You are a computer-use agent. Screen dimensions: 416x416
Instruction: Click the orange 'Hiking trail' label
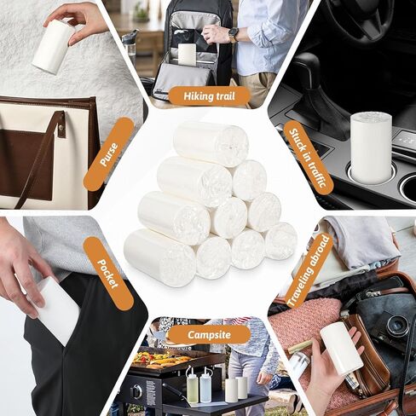pos(209,95)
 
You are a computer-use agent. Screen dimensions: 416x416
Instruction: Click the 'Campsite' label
pos(209,334)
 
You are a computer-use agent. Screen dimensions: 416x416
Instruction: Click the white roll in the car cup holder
pos(370,147)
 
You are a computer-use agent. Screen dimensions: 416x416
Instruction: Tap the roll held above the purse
pos(54,46)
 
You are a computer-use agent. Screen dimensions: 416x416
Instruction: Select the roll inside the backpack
pos(187,54)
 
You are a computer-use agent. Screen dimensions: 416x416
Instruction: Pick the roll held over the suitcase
pos(341,348)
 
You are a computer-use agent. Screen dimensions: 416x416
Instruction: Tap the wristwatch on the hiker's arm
pos(234,35)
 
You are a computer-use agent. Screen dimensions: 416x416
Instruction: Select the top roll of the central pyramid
pos(211,142)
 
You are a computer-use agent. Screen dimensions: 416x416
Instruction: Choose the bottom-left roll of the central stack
pos(159,257)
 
